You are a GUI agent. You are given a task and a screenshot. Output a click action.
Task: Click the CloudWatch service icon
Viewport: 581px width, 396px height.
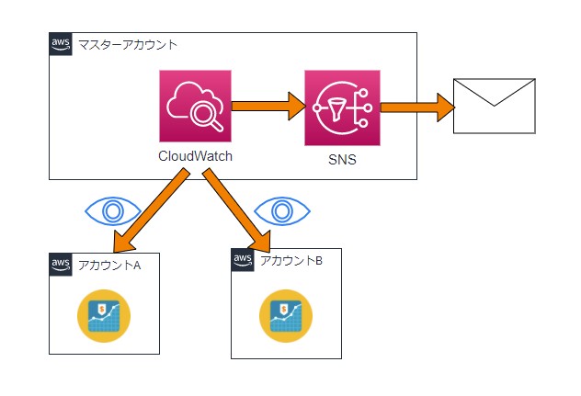tap(195, 107)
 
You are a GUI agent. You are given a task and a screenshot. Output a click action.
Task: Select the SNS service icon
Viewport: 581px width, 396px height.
tap(342, 107)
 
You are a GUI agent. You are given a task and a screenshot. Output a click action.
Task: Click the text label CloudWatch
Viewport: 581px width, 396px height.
tap(195, 156)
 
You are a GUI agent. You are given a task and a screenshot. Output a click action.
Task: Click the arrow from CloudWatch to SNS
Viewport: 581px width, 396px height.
tap(268, 106)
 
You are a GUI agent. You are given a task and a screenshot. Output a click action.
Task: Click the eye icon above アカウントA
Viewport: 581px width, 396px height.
tap(112, 210)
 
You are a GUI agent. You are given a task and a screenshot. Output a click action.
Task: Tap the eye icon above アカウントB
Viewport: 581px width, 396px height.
tap(284, 210)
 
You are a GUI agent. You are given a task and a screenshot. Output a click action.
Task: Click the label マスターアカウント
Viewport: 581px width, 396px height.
tap(128, 44)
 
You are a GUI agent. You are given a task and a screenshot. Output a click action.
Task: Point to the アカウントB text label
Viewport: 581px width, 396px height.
tap(291, 260)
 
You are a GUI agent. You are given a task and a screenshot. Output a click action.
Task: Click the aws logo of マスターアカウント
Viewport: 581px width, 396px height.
tap(61, 45)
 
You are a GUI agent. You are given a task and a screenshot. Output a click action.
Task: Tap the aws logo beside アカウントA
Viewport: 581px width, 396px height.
tap(61, 265)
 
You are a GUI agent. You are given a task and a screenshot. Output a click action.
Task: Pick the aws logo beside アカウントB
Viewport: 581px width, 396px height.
tap(243, 261)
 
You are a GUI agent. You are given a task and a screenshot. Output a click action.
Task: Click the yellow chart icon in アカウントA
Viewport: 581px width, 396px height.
tap(103, 315)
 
